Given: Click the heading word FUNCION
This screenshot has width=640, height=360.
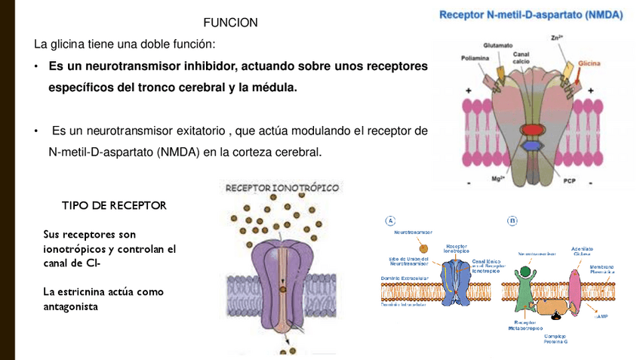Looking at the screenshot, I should [230, 23].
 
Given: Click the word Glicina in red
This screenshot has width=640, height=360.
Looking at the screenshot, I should [589, 63].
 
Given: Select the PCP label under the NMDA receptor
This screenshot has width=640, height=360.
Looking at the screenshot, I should [569, 180].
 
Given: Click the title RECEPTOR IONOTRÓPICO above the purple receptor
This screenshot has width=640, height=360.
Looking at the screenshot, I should [282, 187].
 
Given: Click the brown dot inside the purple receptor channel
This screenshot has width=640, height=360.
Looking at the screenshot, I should [282, 288].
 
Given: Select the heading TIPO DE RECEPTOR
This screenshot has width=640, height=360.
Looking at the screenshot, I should [114, 205].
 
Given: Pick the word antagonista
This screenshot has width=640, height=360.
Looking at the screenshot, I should [71, 306].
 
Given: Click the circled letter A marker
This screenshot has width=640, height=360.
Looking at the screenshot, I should [390, 220].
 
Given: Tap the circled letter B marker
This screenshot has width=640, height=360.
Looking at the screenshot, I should [512, 220].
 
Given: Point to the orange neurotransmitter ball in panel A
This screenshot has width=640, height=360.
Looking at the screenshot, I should [423, 248].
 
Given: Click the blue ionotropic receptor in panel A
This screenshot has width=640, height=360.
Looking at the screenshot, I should [455, 282].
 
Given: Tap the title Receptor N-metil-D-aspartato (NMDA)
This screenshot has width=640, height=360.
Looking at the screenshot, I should [531, 14].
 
